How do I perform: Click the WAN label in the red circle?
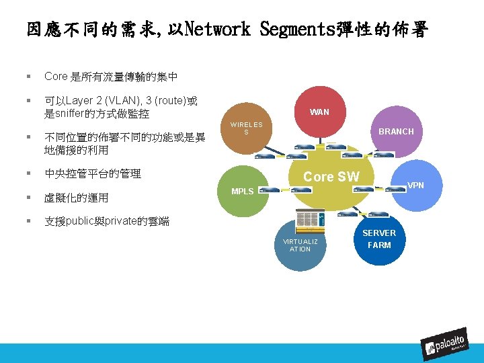[319, 112]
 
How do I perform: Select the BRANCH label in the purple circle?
[396, 131]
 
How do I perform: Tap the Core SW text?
[331, 177]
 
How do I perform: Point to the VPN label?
[415, 184]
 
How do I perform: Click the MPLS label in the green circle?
[243, 191]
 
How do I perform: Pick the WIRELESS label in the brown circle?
[246, 128]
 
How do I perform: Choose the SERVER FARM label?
[379, 239]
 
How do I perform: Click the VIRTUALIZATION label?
[300, 245]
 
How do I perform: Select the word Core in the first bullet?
[56, 77]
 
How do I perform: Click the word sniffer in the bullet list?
[71, 114]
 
